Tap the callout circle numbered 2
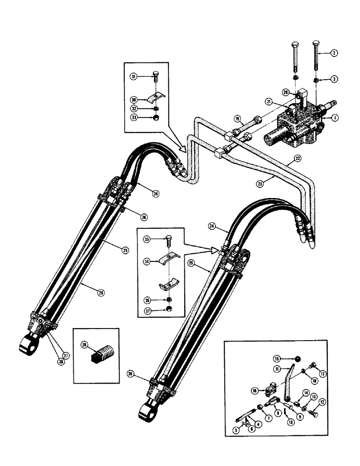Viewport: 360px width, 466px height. (x=334, y=53)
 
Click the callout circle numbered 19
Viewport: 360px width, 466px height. (x=238, y=119)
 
